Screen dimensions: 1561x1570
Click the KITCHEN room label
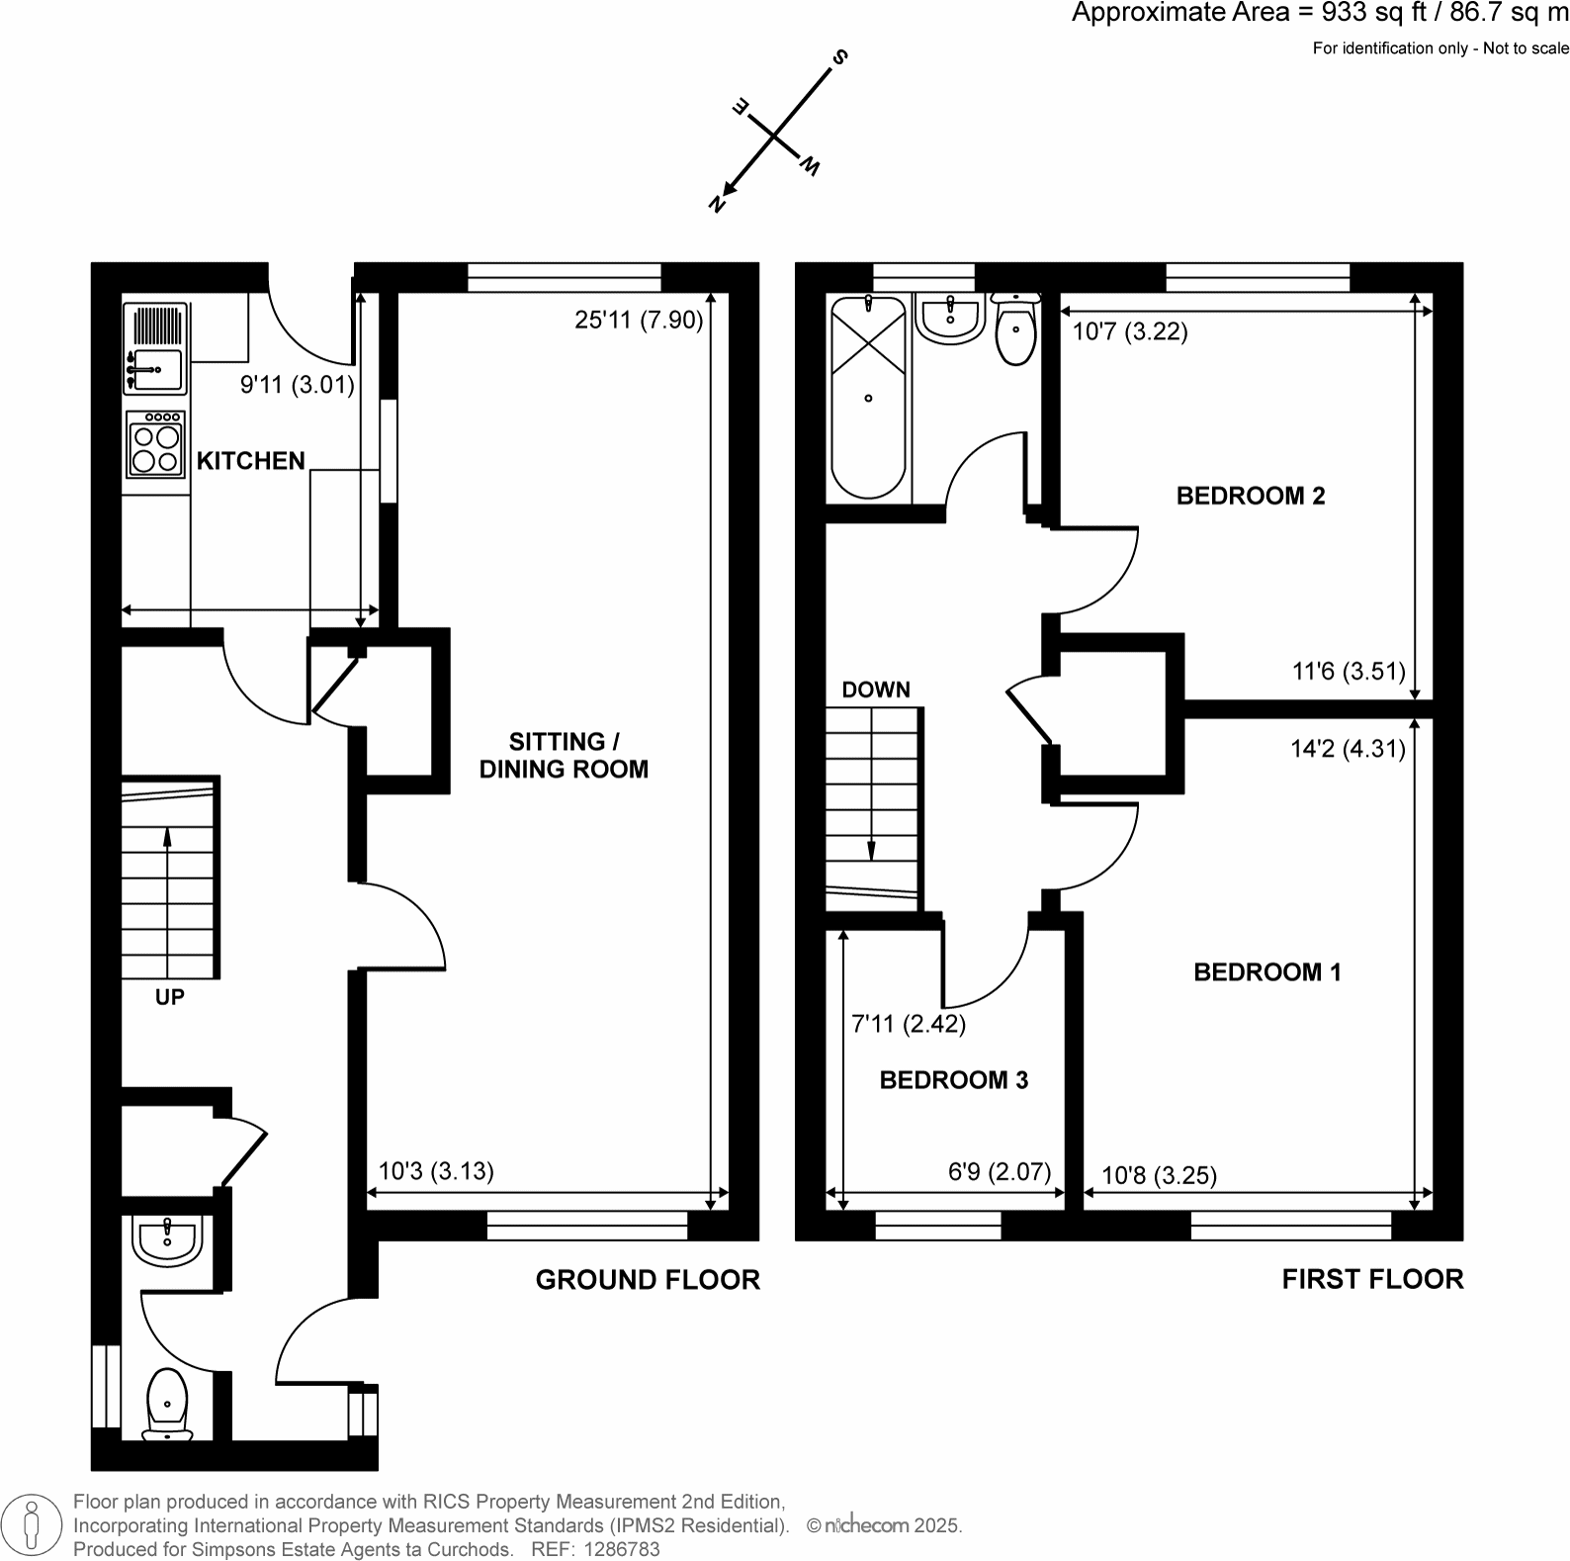(x=250, y=461)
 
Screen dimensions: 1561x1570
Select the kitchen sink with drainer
(x=156, y=347)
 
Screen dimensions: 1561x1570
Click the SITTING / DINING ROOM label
(x=564, y=756)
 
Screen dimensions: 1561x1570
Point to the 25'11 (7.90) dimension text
(x=639, y=321)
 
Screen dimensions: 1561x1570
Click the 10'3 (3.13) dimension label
(x=436, y=1171)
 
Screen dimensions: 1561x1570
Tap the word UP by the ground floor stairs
(x=169, y=997)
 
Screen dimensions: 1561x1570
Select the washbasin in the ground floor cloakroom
(x=168, y=1239)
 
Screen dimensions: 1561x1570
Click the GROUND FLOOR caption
(x=648, y=1280)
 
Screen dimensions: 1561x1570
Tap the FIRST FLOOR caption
(x=1372, y=1279)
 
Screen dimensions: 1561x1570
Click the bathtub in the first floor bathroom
(x=868, y=399)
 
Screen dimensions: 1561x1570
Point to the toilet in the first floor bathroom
(x=1015, y=330)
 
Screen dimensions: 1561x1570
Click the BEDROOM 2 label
(x=1251, y=496)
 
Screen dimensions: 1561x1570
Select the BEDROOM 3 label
(x=954, y=1080)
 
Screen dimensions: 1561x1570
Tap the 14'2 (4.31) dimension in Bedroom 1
(x=1348, y=749)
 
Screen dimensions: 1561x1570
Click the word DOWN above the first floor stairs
(x=876, y=689)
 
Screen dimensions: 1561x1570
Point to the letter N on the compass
(x=718, y=203)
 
